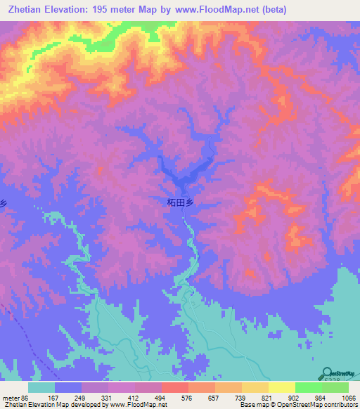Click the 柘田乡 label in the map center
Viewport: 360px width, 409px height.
180,202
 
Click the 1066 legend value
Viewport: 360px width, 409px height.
347,398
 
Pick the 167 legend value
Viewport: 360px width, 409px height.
67,398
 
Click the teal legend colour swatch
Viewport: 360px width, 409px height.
41,387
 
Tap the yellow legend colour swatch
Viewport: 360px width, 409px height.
281,387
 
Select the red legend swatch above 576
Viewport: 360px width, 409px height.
174,387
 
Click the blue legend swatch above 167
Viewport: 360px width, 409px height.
67,387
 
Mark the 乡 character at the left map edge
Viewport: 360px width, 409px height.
3,202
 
